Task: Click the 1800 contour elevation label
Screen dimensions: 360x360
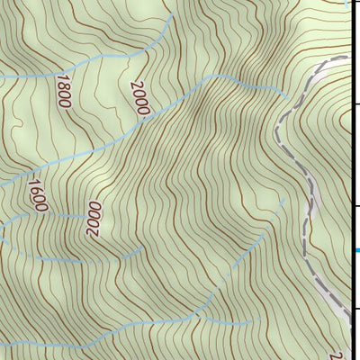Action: pyautogui.click(x=63, y=93)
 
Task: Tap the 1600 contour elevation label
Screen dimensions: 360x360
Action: pyautogui.click(x=36, y=195)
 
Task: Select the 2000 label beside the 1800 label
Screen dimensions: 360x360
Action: pyautogui.click(x=139, y=98)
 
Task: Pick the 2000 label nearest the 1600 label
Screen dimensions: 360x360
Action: pyautogui.click(x=94, y=218)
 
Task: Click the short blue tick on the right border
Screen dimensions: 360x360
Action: pyautogui.click(x=355, y=250)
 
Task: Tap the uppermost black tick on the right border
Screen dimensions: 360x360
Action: pyautogui.click(x=355, y=104)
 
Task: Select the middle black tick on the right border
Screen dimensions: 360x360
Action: pyautogui.click(x=355, y=206)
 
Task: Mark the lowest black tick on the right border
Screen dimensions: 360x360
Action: pyautogui.click(x=355, y=308)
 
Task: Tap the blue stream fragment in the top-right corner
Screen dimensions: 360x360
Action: pyautogui.click(x=347, y=3)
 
